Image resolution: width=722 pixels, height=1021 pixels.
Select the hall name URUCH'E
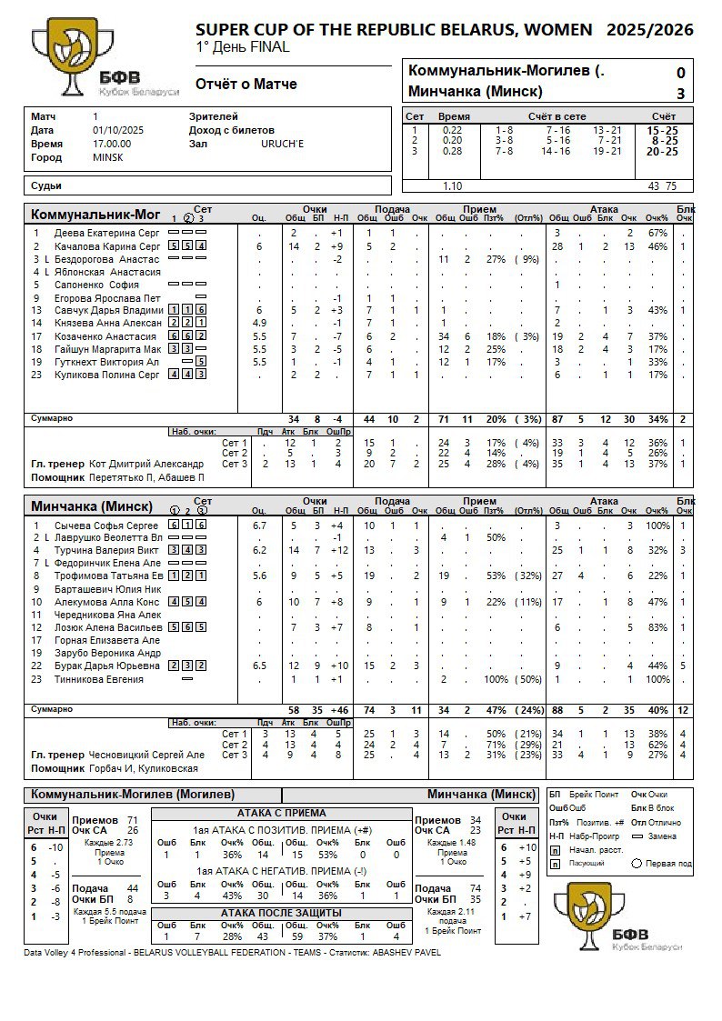click(x=283, y=144)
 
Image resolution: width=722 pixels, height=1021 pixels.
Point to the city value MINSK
click(x=107, y=157)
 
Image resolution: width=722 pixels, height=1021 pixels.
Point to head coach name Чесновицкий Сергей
click(x=146, y=755)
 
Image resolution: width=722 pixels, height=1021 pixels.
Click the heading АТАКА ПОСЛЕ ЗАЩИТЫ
click(x=281, y=912)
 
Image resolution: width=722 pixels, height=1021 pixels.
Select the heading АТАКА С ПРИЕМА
click(x=281, y=813)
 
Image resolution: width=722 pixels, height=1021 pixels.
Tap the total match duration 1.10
click(x=452, y=186)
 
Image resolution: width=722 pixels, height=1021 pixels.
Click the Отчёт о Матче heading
click(x=246, y=85)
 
